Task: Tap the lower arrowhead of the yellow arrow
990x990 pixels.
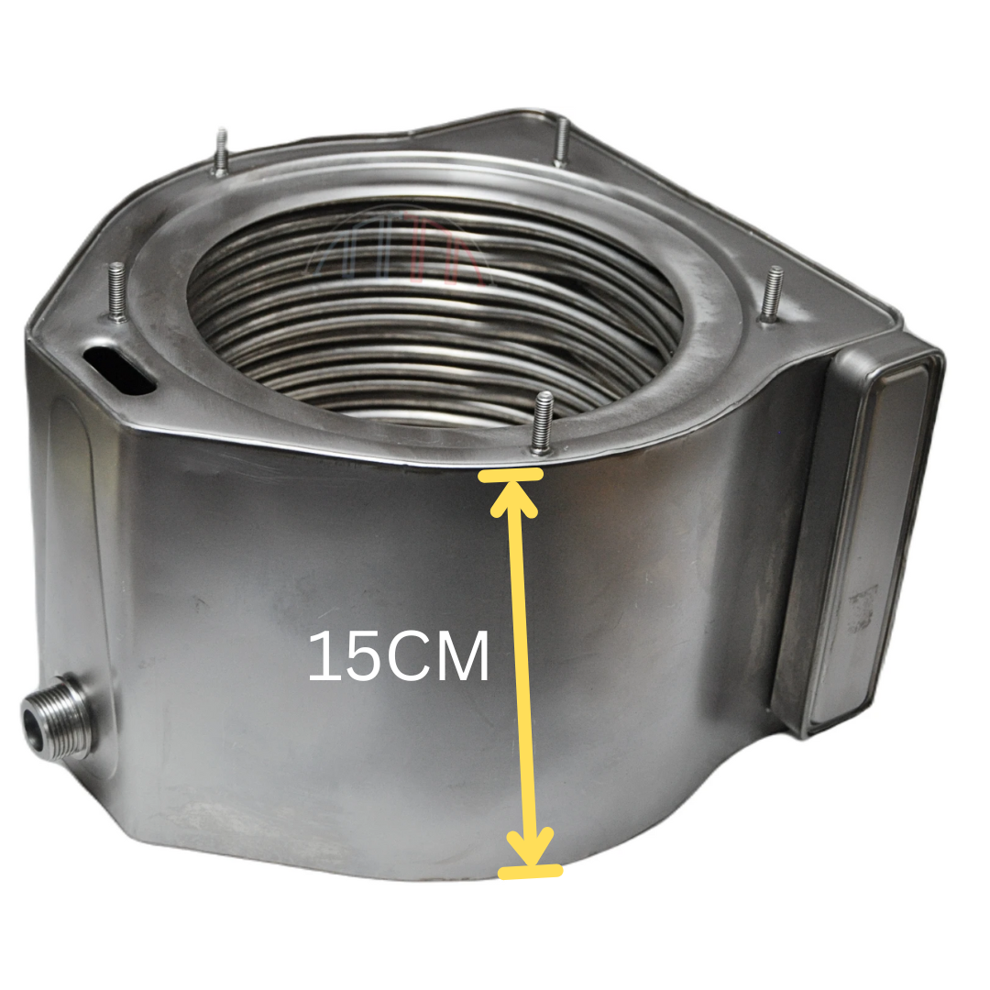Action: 531,848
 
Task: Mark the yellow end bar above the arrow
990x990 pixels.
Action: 511,474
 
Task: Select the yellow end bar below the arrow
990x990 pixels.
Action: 530,871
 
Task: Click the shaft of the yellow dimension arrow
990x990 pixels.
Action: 522,669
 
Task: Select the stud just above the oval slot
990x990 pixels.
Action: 116,291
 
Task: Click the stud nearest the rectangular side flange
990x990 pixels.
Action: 773,292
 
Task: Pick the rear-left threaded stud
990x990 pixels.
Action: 220,151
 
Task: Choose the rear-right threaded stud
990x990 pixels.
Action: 560,142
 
